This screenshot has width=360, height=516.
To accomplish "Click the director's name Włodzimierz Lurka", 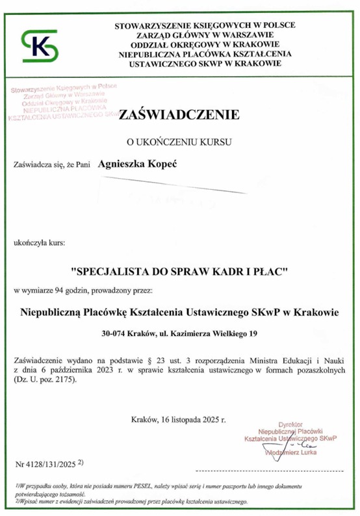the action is click(291, 461).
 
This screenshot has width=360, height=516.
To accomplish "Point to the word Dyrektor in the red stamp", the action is click(291, 422).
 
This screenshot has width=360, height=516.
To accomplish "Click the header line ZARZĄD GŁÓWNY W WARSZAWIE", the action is click(204, 35).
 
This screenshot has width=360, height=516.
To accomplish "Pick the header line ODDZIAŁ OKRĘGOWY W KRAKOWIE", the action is click(204, 45).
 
